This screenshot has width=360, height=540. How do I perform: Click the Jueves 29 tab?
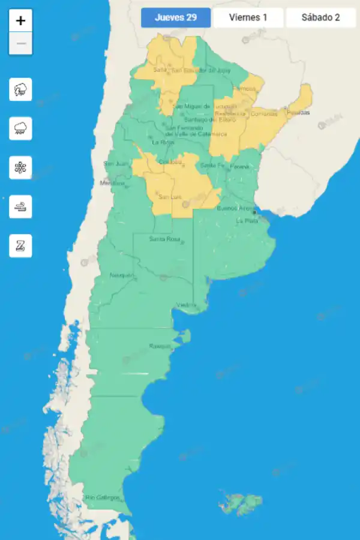pyautogui.click(x=176, y=17)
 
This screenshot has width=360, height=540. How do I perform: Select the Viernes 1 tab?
pyautogui.click(x=248, y=17)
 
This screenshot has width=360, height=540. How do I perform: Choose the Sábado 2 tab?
pyautogui.click(x=321, y=17)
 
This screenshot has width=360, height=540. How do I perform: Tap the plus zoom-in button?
pyautogui.click(x=20, y=20)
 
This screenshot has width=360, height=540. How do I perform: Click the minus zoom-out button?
pyautogui.click(x=20, y=44)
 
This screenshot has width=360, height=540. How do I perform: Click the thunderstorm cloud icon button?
pyautogui.click(x=20, y=90)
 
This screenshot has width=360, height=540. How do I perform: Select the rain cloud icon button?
pyautogui.click(x=20, y=128)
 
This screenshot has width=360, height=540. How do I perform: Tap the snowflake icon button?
pyautogui.click(x=20, y=167)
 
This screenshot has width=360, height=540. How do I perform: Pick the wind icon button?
pyautogui.click(x=20, y=206)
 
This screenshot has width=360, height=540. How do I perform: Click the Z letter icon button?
pyautogui.click(x=20, y=245)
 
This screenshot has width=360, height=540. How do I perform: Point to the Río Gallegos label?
pyautogui.click(x=103, y=497)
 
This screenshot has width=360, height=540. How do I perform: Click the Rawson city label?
pyautogui.click(x=160, y=346)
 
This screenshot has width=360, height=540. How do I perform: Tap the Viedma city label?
pyautogui.click(x=186, y=305)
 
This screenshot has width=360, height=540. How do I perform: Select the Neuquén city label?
pyautogui.click(x=122, y=275)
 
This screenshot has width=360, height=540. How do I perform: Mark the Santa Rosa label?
pyautogui.click(x=164, y=239)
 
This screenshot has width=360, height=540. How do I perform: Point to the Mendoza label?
pyautogui.click(x=112, y=183)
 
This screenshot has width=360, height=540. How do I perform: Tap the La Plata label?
pyautogui.click(x=247, y=220)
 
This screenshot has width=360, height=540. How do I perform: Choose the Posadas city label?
pyautogui.click(x=298, y=112)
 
